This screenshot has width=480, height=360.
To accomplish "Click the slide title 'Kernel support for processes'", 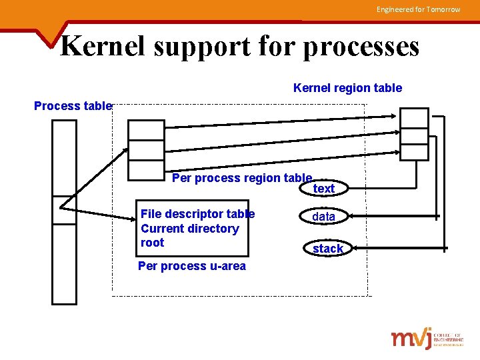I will [x=240, y=46].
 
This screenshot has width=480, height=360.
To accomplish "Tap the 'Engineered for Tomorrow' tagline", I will [x=418, y=9].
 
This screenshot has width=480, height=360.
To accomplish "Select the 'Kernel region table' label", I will [x=347, y=88].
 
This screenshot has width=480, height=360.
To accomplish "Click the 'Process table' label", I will [x=73, y=106].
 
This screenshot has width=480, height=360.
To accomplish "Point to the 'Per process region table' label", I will [x=241, y=178].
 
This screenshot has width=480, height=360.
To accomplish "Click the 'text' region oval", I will [x=324, y=189].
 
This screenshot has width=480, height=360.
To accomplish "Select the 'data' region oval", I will [x=324, y=217].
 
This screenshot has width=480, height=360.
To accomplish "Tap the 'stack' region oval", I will [x=327, y=248].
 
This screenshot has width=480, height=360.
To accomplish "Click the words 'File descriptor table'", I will [x=197, y=214].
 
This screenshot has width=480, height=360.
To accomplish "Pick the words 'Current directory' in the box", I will [x=189, y=229].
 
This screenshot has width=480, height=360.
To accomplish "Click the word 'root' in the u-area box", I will [x=152, y=243].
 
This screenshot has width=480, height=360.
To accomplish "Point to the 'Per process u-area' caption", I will [x=191, y=266].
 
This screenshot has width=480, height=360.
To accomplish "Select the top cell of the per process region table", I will [x=146, y=130].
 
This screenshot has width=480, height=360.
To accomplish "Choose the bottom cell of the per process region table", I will [x=146, y=170].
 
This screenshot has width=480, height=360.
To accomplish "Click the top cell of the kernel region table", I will [x=414, y=117].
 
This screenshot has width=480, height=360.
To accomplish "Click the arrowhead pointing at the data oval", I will [x=346, y=216].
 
